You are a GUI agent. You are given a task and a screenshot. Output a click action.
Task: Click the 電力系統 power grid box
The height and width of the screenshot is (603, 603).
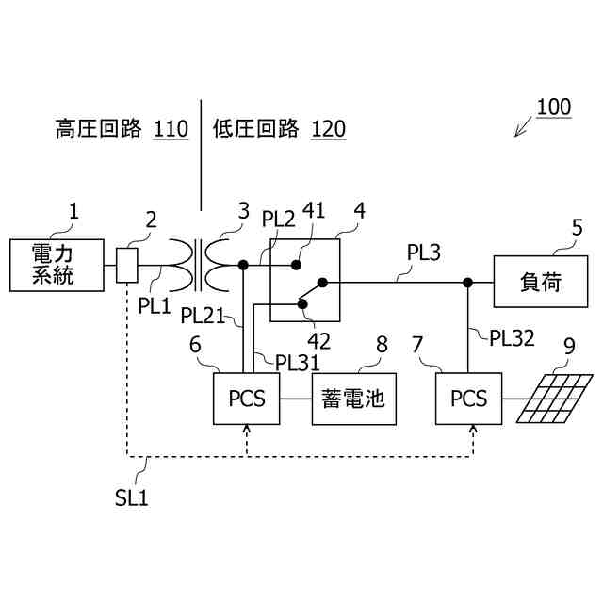57,265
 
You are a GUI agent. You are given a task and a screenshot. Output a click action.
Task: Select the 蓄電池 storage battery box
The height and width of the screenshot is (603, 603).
354,399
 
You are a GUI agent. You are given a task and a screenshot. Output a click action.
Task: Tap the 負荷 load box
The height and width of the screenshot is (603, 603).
541,282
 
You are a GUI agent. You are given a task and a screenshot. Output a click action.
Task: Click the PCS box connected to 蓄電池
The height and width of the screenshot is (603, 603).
247,399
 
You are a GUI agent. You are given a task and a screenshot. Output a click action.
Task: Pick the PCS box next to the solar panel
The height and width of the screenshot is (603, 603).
468,399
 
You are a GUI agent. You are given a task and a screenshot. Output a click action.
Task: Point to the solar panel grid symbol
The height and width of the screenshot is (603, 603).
554,399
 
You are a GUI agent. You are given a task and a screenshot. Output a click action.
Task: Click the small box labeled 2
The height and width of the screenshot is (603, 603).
127,266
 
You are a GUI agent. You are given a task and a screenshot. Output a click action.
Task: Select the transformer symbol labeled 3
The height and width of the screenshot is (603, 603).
199,266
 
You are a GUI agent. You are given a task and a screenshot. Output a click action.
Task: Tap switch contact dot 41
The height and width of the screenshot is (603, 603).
296,265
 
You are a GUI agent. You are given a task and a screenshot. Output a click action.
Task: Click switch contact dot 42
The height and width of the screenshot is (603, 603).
302,304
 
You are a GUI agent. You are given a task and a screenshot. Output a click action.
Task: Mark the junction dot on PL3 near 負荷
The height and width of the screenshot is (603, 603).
467,283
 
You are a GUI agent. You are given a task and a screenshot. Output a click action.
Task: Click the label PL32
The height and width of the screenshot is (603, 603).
512,339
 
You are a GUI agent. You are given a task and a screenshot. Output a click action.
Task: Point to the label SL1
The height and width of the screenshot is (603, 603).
132,498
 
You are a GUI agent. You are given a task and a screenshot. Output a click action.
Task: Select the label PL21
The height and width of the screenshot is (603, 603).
203,316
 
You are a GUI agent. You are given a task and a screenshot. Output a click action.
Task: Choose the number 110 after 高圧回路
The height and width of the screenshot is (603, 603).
171,129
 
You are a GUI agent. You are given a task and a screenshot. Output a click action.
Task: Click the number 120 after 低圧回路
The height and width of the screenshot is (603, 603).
328,129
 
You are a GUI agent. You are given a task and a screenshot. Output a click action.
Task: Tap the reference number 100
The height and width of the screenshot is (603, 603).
554,106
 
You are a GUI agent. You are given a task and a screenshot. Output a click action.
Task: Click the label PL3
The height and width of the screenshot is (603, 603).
423,253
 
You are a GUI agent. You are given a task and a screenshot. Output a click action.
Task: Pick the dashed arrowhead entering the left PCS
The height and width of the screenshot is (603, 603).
247,429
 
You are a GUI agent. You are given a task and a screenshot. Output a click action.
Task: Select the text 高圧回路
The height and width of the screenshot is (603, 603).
98,129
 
